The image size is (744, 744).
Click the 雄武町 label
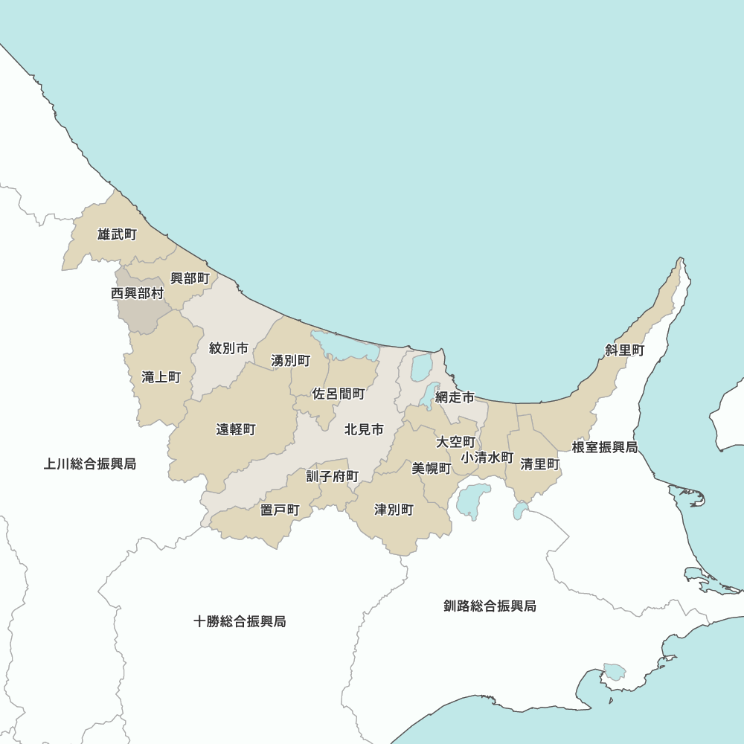coord(117,235)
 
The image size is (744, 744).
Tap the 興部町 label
coord(190,278)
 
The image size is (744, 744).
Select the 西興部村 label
coord(137,294)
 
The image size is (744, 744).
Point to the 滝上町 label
coord(161,377)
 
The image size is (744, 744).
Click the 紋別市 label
coord(228,348)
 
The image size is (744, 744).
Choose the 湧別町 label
coord(290,361)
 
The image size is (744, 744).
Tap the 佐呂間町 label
coord(338,394)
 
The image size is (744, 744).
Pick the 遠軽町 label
coord(236,429)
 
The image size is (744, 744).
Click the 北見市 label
coord(364,429)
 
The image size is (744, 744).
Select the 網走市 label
coord(455,397)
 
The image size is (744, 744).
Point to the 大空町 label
coord(455,442)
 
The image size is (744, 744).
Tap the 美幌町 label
coord(432,468)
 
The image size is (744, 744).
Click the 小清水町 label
coord(487,457)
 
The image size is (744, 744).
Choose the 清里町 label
coord(540,464)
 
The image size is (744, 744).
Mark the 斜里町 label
coord(624,350)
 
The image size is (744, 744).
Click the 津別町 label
coord(394,510)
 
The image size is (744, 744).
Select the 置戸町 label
coord(280,510)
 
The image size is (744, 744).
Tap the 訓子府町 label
coord(333,476)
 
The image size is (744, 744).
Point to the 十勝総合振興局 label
coord(240,621)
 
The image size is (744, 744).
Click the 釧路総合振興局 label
coord(489,606)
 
